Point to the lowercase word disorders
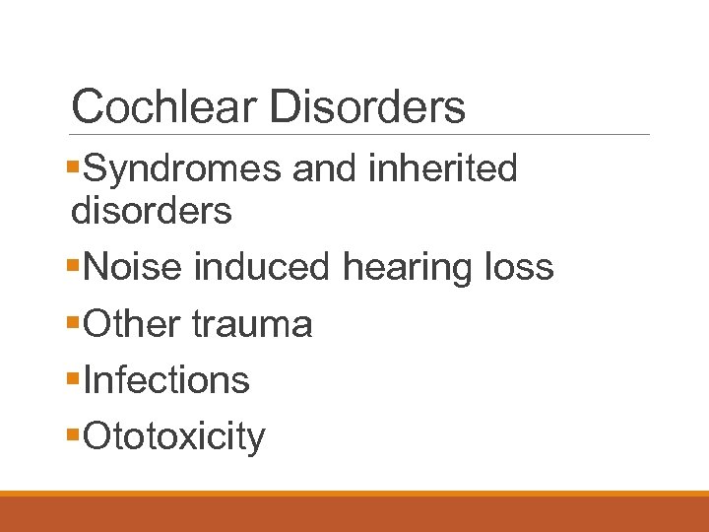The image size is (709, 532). (x=152, y=210)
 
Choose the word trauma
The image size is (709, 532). (x=252, y=323)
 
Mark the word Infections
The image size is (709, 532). (x=166, y=379)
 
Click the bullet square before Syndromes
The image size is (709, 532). (x=77, y=169)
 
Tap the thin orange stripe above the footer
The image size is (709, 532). (x=354, y=494)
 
